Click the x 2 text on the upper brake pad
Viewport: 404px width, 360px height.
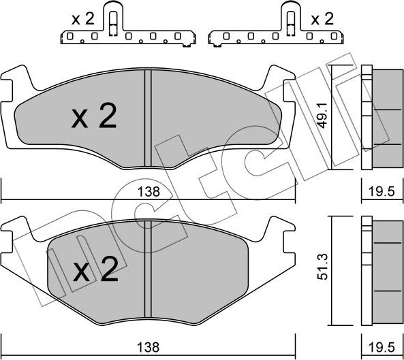93,118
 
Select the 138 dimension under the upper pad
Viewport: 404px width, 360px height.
148,193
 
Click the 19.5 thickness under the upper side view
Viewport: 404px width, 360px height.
382,193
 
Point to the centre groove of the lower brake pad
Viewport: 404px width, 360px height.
148,272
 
